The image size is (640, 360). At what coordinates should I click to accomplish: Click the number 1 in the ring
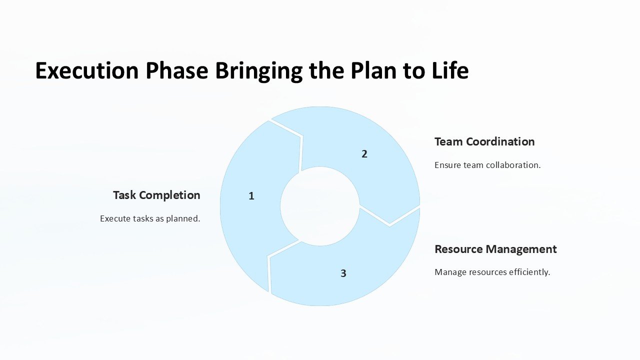pyautogui.click(x=251, y=196)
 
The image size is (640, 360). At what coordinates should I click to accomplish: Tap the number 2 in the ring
pyautogui.click(x=364, y=154)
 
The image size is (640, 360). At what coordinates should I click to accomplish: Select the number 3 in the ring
pyautogui.click(x=343, y=273)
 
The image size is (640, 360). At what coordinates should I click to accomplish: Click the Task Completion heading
pyautogui.click(x=156, y=195)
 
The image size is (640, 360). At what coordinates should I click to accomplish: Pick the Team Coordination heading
pyautogui.click(x=484, y=141)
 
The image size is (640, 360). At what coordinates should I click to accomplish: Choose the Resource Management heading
pyautogui.click(x=495, y=249)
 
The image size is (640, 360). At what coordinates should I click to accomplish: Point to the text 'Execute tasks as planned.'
pyautogui.click(x=150, y=218)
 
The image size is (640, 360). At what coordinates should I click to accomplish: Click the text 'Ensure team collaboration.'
pyautogui.click(x=487, y=165)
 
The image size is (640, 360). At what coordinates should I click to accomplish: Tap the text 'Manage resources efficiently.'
pyautogui.click(x=492, y=272)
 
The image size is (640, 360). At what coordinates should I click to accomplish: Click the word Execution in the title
pyautogui.click(x=86, y=71)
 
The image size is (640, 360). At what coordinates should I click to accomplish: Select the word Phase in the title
pyautogui.click(x=176, y=71)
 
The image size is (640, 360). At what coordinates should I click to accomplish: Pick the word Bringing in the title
pyautogui.click(x=259, y=71)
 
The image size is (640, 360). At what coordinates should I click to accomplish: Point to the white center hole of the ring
pyautogui.click(x=320, y=206)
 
